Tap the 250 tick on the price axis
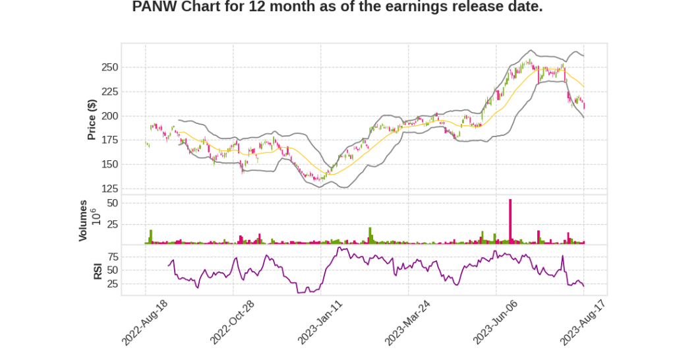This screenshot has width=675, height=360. click(x=109, y=67)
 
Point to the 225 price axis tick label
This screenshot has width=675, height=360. click(x=109, y=92)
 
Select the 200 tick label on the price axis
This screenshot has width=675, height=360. click(x=109, y=116)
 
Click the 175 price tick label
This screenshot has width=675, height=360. click(x=109, y=140)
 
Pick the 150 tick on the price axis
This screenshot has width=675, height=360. click(x=109, y=165)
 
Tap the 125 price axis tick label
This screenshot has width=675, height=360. click(x=109, y=189)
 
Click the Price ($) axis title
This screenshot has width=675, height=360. click(x=92, y=119)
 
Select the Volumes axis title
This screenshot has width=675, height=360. click(x=83, y=220)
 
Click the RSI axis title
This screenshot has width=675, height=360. click(x=98, y=270)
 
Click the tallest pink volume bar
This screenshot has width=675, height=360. click(x=510, y=222)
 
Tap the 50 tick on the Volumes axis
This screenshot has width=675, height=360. click(x=112, y=203)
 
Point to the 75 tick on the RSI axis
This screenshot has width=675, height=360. click(x=112, y=256)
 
